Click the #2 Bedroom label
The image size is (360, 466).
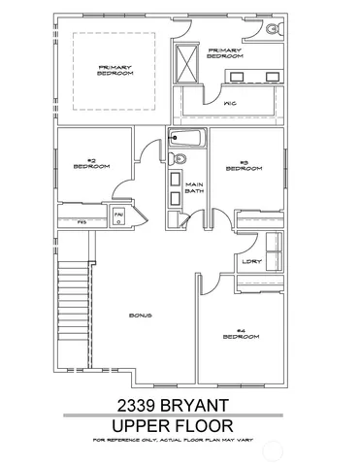[91, 165]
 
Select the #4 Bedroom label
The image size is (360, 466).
[241, 334]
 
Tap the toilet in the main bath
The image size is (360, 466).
[176, 158]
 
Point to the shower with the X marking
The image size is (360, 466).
[185, 67]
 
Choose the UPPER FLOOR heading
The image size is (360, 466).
[180, 424]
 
